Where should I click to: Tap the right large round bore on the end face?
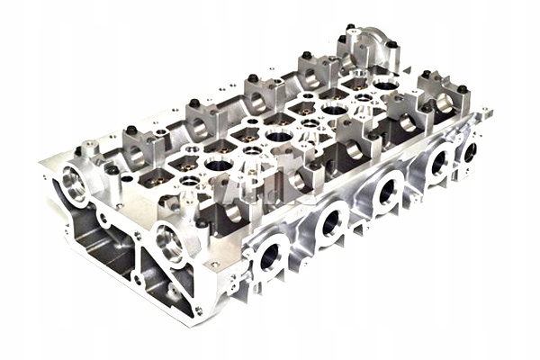click(168, 242)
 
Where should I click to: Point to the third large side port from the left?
click(389, 189)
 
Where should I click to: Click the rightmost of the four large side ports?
click(440, 162)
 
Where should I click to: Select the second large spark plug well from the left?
click(279, 137)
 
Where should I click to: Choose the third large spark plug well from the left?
click(333, 110)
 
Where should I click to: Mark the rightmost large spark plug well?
click(383, 86)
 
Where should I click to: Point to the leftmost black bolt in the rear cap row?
click(130, 130)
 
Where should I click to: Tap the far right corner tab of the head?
click(487, 113)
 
